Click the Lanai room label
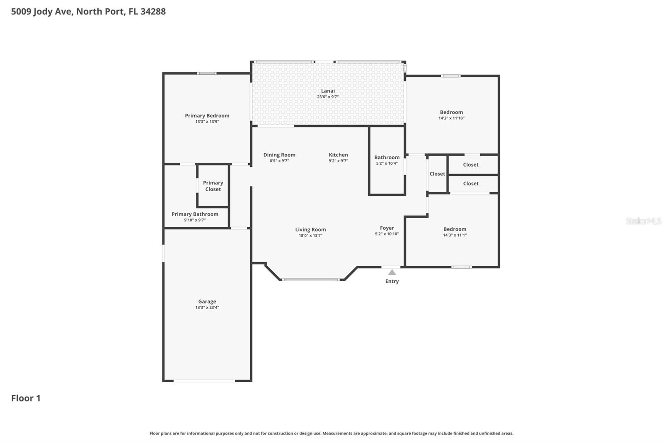[328, 91]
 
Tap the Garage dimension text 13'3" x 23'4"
[207, 308]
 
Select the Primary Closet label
[213, 186]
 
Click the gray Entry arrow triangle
[392, 272]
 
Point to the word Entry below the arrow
[392, 281]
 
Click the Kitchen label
[338, 155]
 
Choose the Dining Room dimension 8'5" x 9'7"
[279, 161]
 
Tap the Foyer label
[387, 228]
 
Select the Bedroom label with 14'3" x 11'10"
[451, 112]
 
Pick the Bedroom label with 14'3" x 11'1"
[455, 229]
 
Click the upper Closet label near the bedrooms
[471, 165]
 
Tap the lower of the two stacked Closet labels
[471, 184]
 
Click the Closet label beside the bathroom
[437, 174]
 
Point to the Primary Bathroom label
[195, 214]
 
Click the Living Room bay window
[311, 279]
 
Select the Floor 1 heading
[26, 398]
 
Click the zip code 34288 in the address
[153, 12]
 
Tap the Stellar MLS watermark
[643, 221]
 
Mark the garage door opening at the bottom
[204, 381]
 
